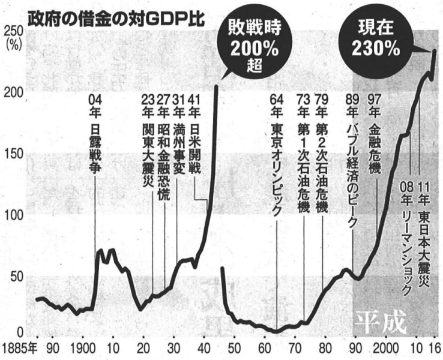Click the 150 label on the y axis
point(12,154)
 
